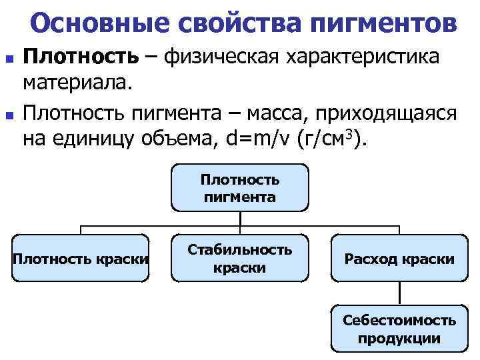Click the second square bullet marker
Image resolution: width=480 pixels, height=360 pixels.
[x=8, y=114]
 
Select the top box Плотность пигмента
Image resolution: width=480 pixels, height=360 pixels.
[x=239, y=189]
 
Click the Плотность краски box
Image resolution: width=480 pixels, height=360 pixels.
[x=81, y=258]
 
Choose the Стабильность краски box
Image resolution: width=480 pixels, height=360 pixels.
[x=239, y=258]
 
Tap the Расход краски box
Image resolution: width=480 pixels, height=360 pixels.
[x=399, y=258]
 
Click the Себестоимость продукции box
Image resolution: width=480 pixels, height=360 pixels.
[x=399, y=329]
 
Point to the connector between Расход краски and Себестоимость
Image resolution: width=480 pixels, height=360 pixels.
[x=399, y=294]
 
